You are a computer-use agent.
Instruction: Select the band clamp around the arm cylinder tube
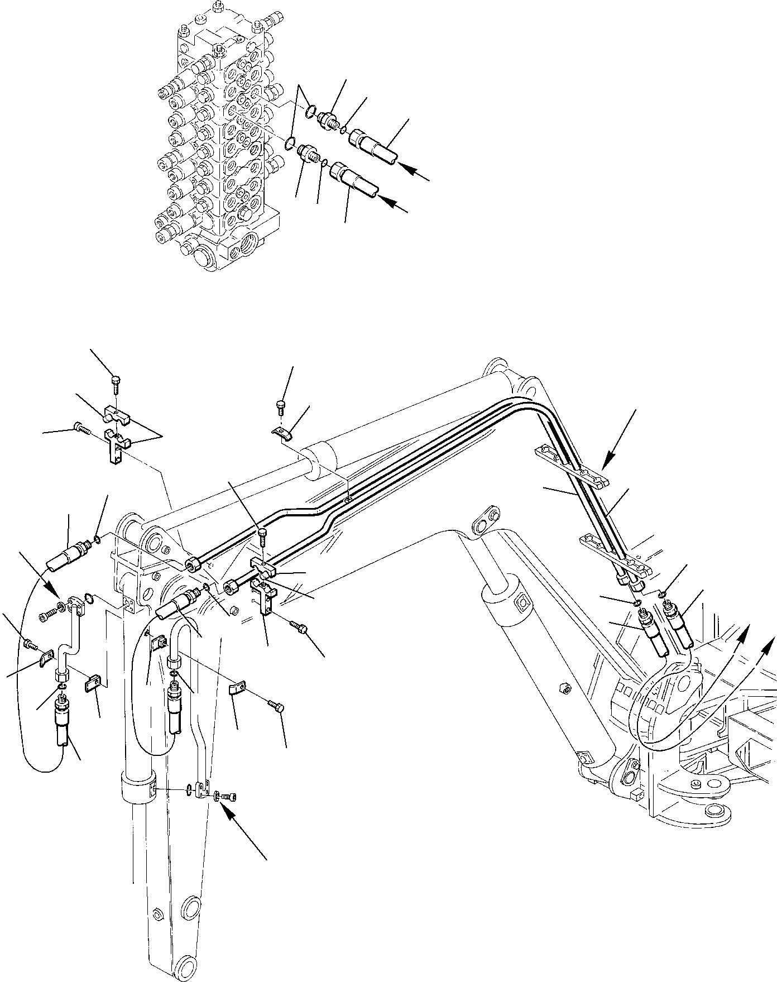click(x=137, y=789)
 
